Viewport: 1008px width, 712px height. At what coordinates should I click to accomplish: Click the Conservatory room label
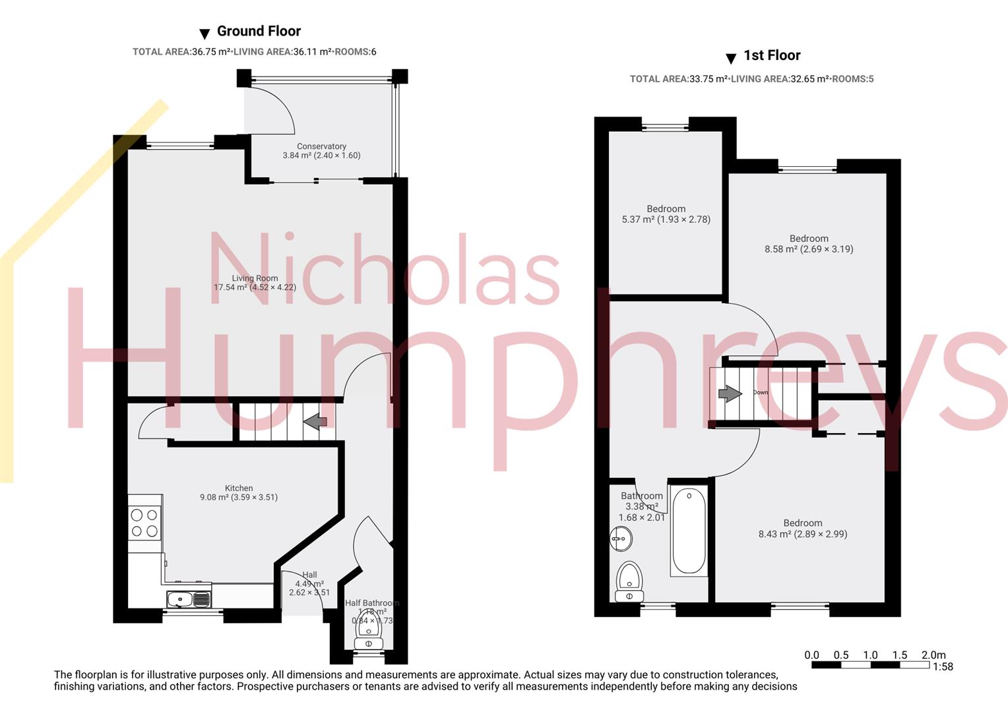pos(321,151)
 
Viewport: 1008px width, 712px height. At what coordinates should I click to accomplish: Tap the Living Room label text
pos(255,283)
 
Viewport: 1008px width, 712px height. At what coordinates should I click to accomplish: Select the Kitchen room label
pos(239,492)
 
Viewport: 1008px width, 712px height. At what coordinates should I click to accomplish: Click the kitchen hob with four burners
pos(144,523)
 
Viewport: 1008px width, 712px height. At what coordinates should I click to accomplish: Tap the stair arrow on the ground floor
pos(315,421)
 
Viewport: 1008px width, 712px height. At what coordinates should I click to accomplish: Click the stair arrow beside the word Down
pos(729,394)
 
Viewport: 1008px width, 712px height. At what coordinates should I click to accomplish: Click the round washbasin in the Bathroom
pos(621,539)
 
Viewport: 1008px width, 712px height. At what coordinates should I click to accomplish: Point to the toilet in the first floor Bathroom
pos(629,581)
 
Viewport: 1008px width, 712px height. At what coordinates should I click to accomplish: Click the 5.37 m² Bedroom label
pos(666,214)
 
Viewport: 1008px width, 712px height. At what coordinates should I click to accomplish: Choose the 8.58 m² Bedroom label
pos(809,244)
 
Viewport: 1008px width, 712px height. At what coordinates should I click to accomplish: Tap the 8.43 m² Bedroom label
pos(803,529)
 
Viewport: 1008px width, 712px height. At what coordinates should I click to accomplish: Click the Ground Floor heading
pos(259,31)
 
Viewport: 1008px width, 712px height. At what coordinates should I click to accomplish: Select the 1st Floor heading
pos(772,55)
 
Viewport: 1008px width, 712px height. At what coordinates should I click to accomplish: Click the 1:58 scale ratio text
pos(943,667)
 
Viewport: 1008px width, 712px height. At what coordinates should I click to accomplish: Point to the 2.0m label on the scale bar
pos(933,655)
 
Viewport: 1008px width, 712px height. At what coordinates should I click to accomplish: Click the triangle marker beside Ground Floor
pos(205,34)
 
